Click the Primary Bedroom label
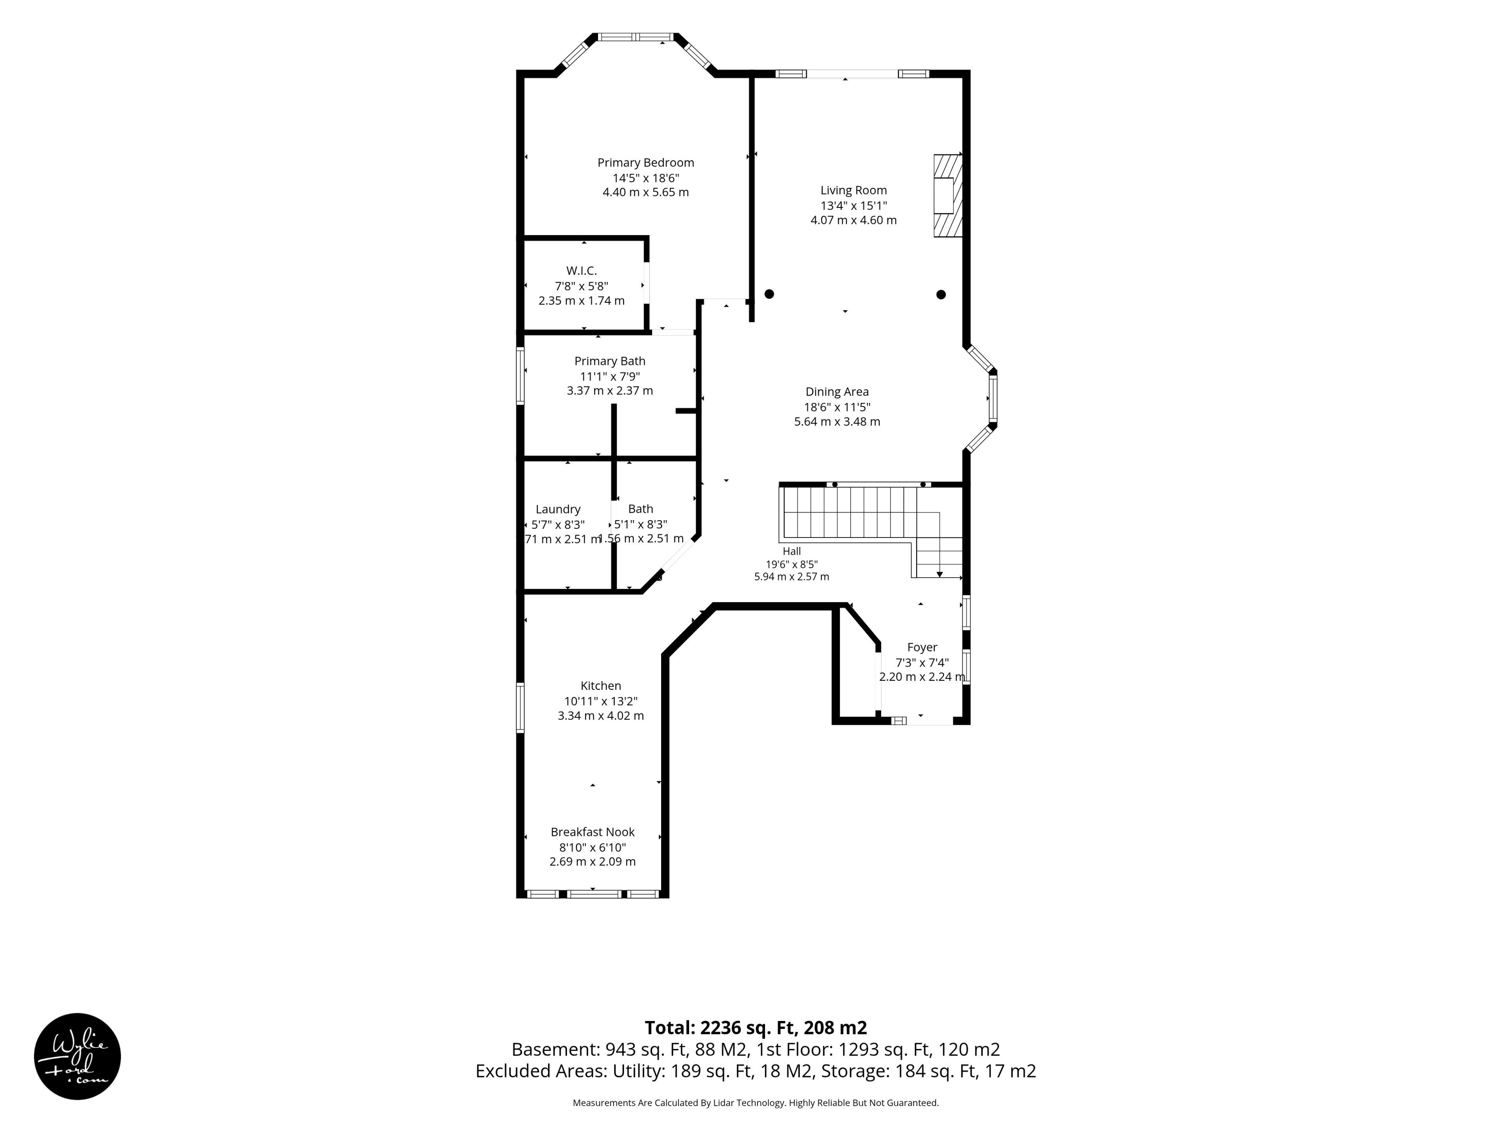tap(645, 163)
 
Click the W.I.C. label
tap(581, 271)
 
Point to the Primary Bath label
tap(610, 361)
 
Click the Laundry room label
tap(558, 509)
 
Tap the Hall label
tap(791, 551)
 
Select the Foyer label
tap(922, 647)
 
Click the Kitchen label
tap(601, 686)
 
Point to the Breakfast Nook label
tap(593, 832)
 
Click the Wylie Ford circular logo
tap(77, 1056)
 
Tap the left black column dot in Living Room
tap(769, 294)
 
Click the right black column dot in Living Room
tap(941, 295)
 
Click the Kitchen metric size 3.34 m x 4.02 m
tap(601, 716)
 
